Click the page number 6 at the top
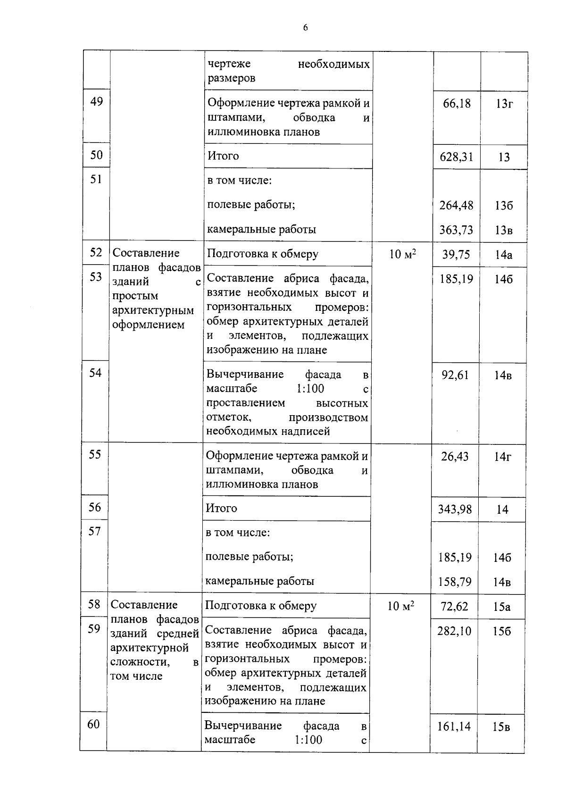pos(305,28)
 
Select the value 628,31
pos(456,157)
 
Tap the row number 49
pos(96,101)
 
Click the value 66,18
pos(457,103)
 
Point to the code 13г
pos(504,104)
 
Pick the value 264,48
pos(456,206)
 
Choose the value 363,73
pos(456,230)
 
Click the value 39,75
pos(456,255)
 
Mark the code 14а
pos(503,255)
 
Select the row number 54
pos(95,373)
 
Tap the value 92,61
pos(455,375)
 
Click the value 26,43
pos(455,457)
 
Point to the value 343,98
pos(455,509)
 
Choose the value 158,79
pos(455,582)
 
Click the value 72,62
pos(454,607)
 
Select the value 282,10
pos(454,631)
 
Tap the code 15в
pos(501,727)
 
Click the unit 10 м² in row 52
pos(402,255)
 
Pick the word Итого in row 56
pos(221,509)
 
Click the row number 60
pos(93,724)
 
